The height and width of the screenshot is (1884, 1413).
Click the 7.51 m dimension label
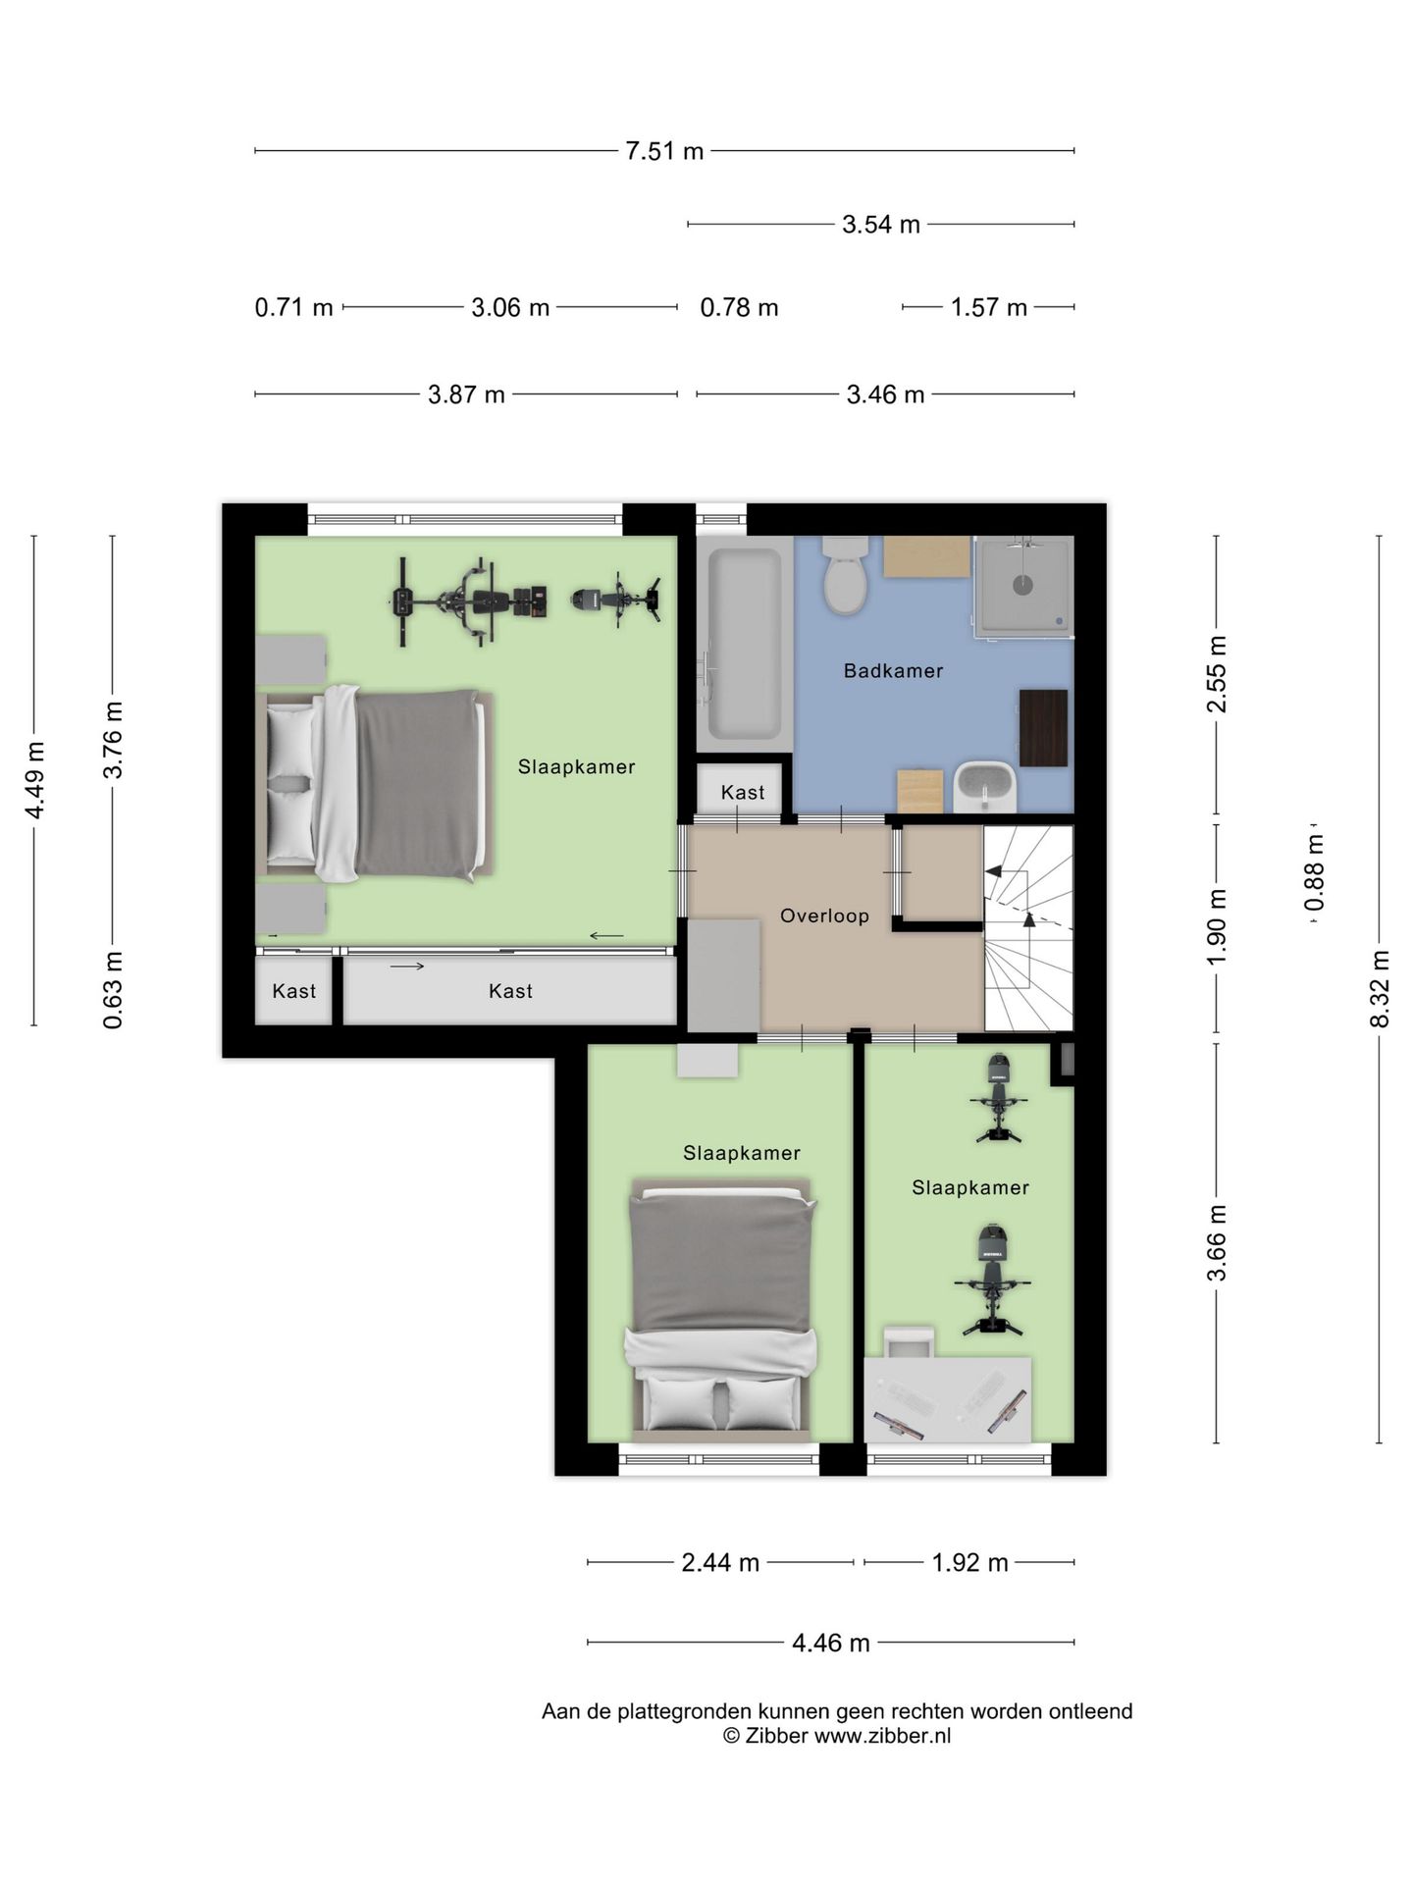point(664,151)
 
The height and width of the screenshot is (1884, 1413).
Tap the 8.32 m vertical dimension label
point(1380,988)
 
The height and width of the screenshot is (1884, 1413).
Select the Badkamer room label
point(893,671)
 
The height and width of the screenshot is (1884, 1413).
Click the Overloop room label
point(824,916)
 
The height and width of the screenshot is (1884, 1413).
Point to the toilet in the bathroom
point(844,574)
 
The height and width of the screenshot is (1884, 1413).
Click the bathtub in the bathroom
point(745,643)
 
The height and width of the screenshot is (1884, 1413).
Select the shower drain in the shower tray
point(1022,586)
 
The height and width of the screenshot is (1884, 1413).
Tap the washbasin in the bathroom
point(984,787)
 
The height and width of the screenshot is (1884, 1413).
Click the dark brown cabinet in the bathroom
point(1043,727)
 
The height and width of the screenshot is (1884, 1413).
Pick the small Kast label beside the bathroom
point(743,792)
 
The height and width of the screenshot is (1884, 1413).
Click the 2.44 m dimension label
point(720,1562)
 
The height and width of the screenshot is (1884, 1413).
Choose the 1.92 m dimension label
point(969,1562)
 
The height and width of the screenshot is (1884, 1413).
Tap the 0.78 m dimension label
point(739,308)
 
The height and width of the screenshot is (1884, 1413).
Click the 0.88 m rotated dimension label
point(1315,872)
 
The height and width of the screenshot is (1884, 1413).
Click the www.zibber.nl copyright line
point(837,1736)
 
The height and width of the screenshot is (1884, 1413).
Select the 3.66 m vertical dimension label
point(1217,1242)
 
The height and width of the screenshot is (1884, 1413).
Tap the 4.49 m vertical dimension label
point(34,780)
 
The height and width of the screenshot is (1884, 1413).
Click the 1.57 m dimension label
point(988,308)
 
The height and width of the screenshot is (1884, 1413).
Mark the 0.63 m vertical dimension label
point(113,990)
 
